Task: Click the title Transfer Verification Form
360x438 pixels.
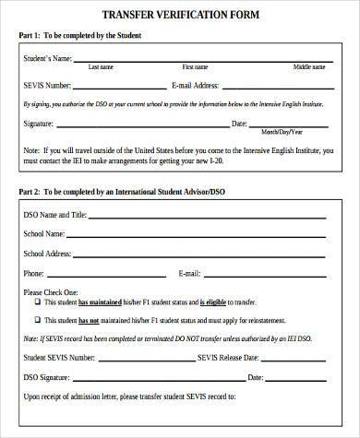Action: [180, 14]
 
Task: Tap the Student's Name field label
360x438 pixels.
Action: [48, 58]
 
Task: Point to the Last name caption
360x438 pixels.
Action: [101, 67]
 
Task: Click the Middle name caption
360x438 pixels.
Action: [309, 67]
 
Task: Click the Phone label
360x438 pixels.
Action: [34, 274]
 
